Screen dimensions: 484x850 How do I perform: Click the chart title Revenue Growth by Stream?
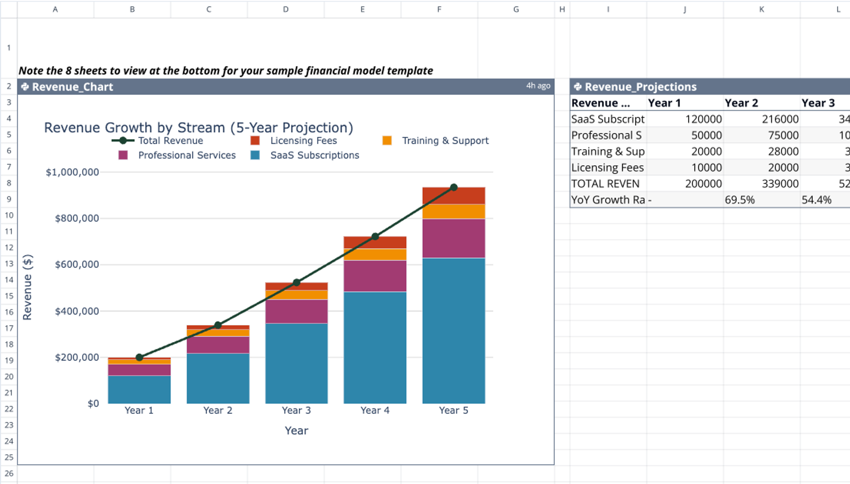click(x=198, y=128)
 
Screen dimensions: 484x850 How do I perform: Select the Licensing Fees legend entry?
click(x=303, y=141)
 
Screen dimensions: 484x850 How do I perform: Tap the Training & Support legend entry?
click(x=445, y=141)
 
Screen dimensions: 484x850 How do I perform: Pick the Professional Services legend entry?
click(x=186, y=155)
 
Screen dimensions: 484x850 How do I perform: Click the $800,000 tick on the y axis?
click(x=76, y=218)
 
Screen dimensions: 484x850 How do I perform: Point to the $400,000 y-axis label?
click(x=76, y=311)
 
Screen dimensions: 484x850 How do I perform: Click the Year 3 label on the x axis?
click(x=296, y=411)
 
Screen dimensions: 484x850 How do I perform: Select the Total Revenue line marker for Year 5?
click(x=454, y=188)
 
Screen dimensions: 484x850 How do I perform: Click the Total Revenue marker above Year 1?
click(x=139, y=357)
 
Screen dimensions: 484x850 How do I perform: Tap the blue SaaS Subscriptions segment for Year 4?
click(x=375, y=347)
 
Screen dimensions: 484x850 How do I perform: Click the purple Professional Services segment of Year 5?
click(x=454, y=238)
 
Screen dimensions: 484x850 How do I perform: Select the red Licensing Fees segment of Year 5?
click(x=454, y=196)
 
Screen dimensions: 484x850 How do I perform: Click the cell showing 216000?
click(x=780, y=119)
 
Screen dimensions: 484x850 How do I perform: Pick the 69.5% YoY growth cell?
click(x=739, y=200)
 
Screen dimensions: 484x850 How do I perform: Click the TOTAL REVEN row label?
click(x=605, y=184)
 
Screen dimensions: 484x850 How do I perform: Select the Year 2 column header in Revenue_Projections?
click(x=741, y=103)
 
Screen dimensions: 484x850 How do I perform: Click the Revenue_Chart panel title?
click(x=72, y=87)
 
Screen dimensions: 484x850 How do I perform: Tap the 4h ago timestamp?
click(x=538, y=86)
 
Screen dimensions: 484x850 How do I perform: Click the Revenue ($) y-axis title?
click(x=27, y=287)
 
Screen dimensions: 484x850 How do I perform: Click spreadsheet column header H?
click(x=562, y=9)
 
